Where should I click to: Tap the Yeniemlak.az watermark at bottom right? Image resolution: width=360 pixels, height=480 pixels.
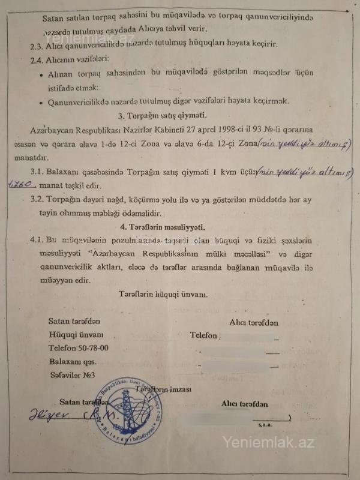[268, 443]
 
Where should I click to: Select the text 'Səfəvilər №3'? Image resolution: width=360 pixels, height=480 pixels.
[73, 376]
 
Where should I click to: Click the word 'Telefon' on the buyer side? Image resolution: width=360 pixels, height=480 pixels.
[203, 335]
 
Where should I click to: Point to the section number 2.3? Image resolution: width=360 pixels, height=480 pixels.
[38, 45]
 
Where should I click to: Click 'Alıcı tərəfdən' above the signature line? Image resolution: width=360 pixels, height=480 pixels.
[245, 403]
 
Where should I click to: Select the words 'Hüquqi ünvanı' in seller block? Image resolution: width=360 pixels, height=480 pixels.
[76, 334]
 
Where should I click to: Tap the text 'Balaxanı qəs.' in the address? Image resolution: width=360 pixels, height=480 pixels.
[73, 362]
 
